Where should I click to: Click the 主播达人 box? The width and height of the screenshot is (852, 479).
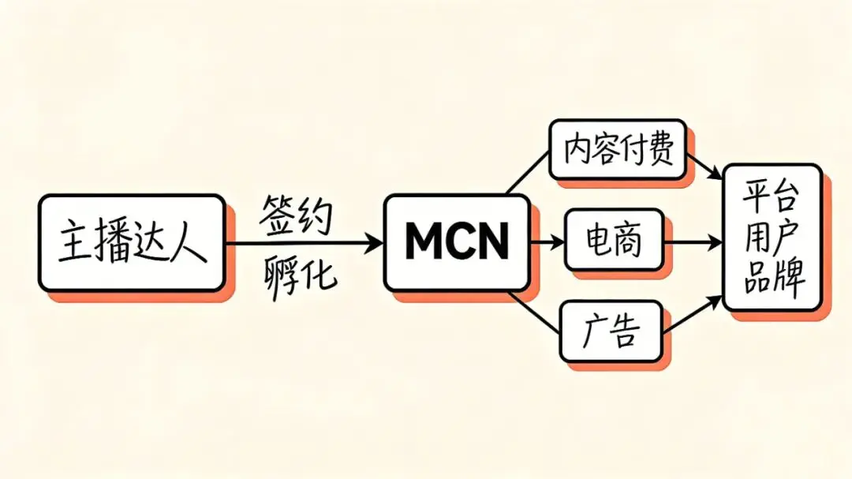[x=132, y=242]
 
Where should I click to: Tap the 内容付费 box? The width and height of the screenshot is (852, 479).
[x=618, y=151]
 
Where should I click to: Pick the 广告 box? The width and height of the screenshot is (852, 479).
[x=611, y=331]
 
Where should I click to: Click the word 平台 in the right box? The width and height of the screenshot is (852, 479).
[x=772, y=197]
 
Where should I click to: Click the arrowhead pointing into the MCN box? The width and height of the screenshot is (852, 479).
[x=374, y=242]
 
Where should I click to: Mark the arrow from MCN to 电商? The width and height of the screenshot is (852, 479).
[x=547, y=241]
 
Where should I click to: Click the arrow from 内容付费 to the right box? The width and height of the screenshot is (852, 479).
[x=704, y=163]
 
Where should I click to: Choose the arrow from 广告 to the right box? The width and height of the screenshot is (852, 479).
[x=694, y=316]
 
